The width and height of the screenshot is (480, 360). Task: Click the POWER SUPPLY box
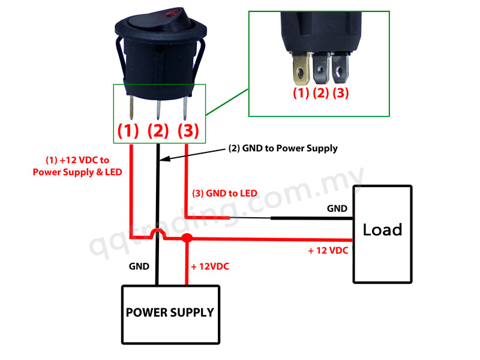click(x=170, y=313)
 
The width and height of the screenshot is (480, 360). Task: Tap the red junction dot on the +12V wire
click(x=187, y=239)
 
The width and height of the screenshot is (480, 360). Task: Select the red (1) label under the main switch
click(x=128, y=130)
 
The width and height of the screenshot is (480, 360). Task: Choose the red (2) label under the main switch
click(x=158, y=130)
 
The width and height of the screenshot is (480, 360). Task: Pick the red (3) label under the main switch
click(x=188, y=130)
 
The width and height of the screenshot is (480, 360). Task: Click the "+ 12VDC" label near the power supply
click(x=209, y=265)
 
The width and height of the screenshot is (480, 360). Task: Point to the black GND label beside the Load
click(x=337, y=209)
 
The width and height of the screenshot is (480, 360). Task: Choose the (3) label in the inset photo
click(x=340, y=94)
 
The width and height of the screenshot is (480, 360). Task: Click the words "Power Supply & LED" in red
click(x=77, y=172)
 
